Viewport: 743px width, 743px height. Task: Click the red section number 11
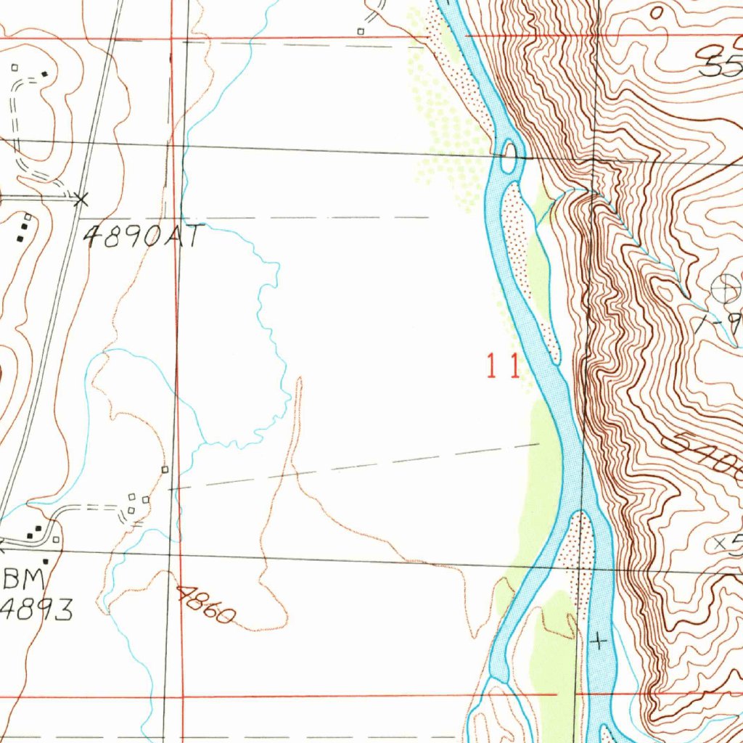502,367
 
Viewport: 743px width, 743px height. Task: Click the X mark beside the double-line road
82,198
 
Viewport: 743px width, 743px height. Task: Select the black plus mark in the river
598,641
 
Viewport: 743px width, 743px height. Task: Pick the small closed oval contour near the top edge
657,12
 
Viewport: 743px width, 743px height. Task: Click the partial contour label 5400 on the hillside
711,457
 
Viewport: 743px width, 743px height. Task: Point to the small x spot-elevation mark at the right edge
720,542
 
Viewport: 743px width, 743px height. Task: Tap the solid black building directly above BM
45,561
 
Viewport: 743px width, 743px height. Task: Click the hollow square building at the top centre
361,31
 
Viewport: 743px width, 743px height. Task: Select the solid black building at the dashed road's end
45,74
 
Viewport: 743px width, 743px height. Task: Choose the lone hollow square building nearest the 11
165,470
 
